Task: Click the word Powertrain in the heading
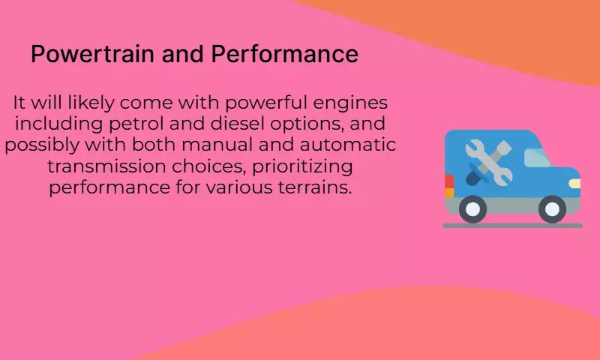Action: click(92, 55)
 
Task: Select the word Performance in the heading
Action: click(285, 53)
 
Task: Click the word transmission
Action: click(106, 166)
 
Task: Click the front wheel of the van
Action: click(552, 209)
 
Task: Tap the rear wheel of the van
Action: click(472, 209)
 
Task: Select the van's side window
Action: click(537, 157)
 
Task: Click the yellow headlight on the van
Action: click(574, 184)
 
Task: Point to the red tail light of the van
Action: click(448, 181)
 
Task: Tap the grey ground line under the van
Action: click(513, 226)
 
